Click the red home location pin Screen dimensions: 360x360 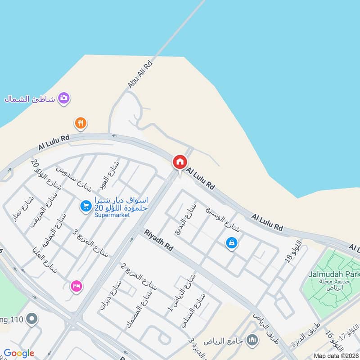pos(180,162)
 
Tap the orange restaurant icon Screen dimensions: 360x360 pos(81,123)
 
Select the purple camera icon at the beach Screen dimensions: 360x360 pos(64,98)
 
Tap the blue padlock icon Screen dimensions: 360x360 pos(231,243)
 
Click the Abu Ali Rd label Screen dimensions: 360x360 pos(140,74)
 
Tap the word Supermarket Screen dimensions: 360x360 pos(112,215)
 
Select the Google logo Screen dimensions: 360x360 pos(19,353)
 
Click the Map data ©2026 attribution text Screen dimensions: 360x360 pos(336,355)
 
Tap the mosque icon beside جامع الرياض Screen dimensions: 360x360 pos(252,339)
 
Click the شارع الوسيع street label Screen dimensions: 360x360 pos(223,220)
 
